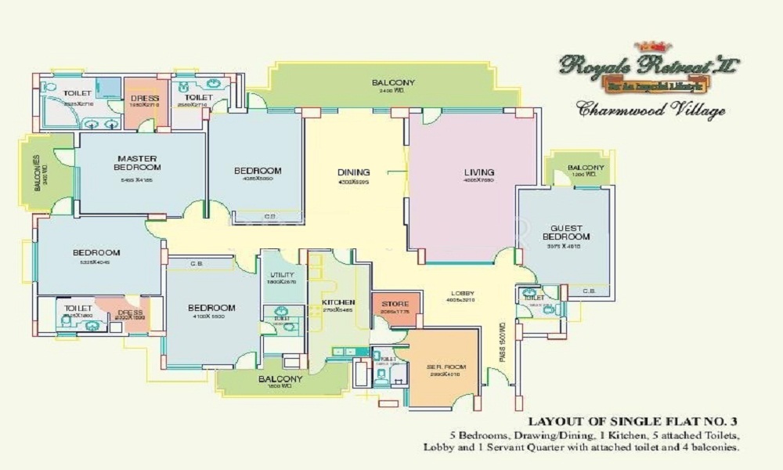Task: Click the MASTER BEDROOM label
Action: [x=137, y=162]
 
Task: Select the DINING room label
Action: [x=353, y=173]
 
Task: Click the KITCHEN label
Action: [x=338, y=302]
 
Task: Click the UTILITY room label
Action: [x=282, y=275]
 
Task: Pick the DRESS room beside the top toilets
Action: [x=145, y=99]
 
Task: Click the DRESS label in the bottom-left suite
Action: [x=130, y=313]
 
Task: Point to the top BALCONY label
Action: [x=393, y=83]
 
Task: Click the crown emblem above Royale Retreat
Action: [x=652, y=46]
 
